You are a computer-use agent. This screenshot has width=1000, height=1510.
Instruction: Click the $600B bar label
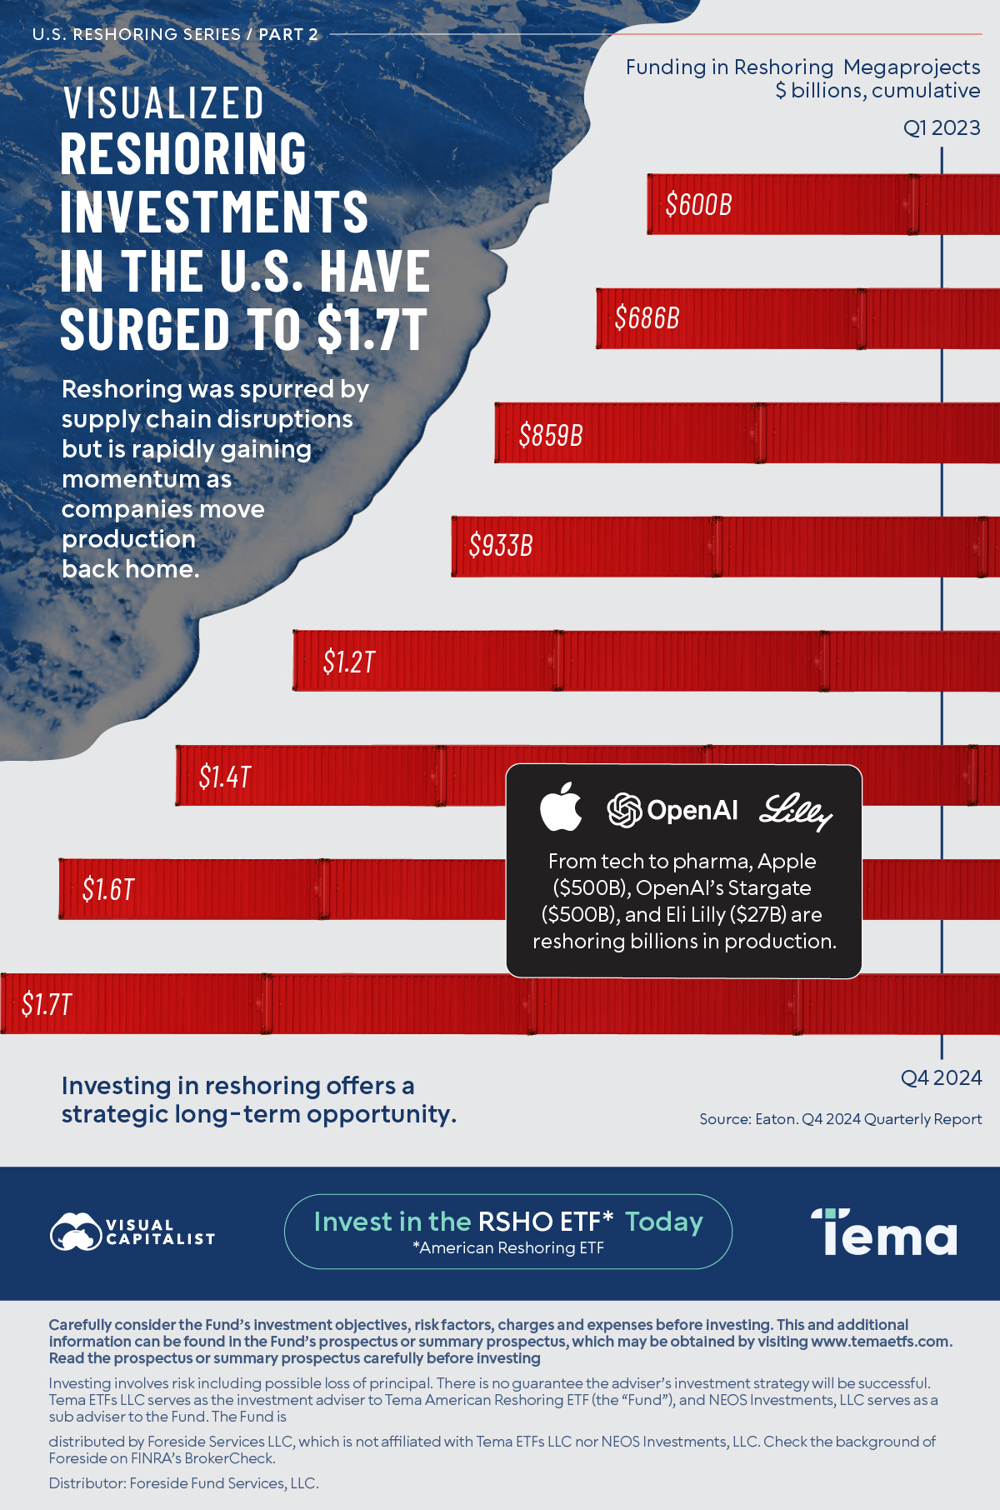pos(698,204)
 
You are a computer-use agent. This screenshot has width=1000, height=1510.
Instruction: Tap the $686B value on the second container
pos(647,317)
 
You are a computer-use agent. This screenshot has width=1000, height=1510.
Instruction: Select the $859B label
pos(550,434)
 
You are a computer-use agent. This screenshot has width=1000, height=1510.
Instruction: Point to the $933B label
pos(500,545)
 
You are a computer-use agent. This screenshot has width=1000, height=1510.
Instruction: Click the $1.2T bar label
pos(348,662)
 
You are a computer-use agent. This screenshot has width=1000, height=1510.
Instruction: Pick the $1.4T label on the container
pos(224,777)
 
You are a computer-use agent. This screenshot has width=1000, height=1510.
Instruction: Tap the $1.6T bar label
pos(107,889)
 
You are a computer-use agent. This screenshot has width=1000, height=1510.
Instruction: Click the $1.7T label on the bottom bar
pos(47,1004)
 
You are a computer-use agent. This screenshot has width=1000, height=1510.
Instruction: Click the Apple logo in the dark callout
pos(561,807)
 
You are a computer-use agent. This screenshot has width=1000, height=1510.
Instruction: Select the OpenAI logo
pos(672,810)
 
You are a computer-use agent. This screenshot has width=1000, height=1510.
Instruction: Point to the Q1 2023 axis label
pos(942,127)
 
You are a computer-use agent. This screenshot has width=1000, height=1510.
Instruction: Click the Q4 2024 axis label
pos(941,1077)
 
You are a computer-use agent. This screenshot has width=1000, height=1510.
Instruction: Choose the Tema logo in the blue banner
pos(883,1232)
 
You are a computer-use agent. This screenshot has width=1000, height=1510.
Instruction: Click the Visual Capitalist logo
pos(132,1232)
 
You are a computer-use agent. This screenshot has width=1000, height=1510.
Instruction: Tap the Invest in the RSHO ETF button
pos(507,1231)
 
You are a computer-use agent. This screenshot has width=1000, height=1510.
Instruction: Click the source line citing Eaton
pos(840,1119)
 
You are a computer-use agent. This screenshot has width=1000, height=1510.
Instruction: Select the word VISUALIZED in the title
pos(163,103)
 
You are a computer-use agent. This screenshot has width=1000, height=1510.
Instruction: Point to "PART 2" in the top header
pos(288,34)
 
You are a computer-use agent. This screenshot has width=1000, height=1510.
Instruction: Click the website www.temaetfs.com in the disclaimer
pos(880,1341)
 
